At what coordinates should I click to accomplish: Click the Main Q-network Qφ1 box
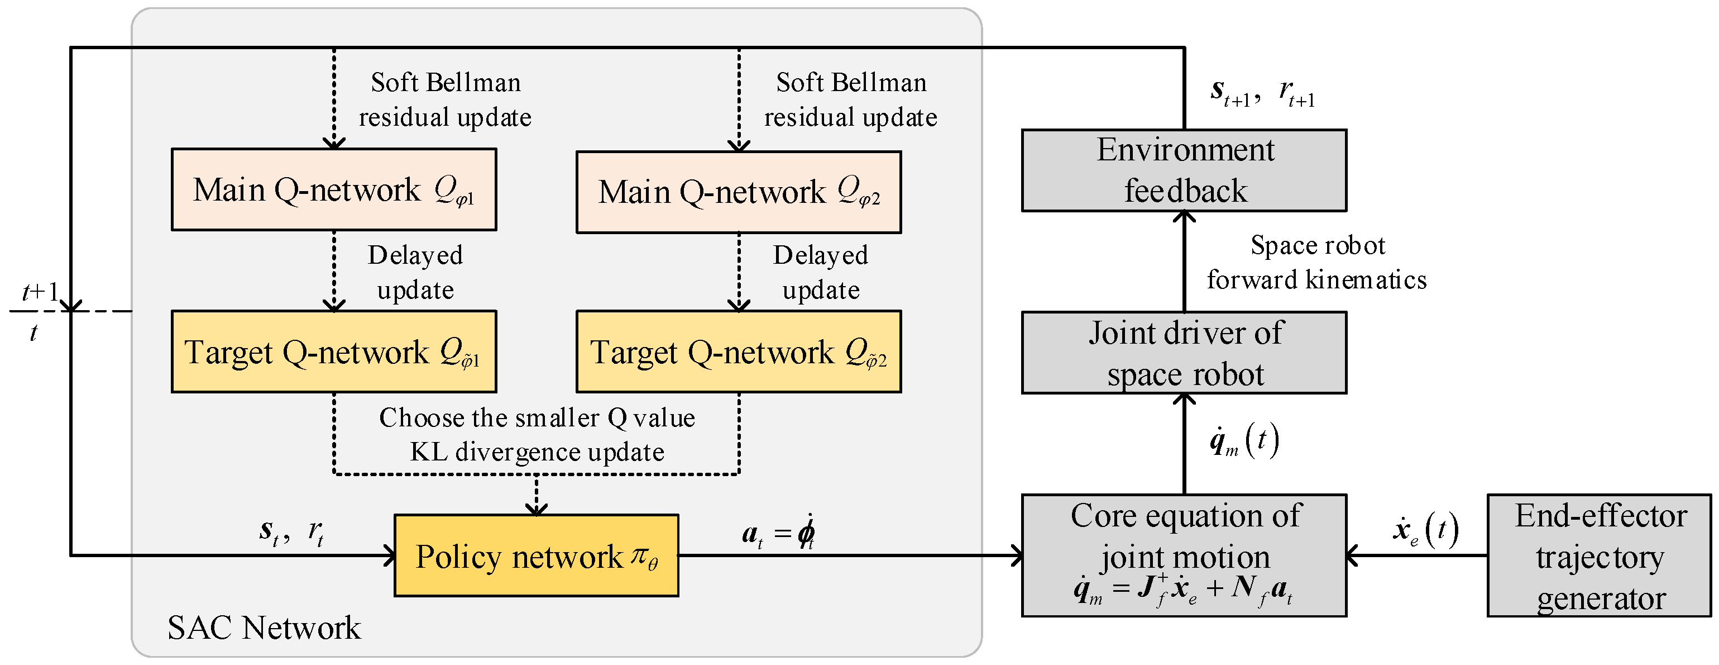point(334,189)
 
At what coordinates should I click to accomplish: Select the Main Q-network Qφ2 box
point(739,192)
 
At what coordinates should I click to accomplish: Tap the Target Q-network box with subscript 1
point(334,352)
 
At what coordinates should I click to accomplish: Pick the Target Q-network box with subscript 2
point(739,352)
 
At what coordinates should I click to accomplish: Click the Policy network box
point(536,555)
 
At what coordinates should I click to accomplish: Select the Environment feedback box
point(1184,171)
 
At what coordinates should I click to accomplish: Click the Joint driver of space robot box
point(1184,353)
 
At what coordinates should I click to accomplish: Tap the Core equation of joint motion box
point(1184,555)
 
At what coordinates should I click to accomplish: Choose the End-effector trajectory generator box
point(1599,555)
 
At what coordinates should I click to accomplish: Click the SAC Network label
point(264,628)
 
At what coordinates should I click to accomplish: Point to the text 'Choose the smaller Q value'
point(537,418)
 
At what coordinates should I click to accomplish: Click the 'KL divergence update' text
point(537,452)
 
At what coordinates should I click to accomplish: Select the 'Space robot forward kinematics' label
point(1316,263)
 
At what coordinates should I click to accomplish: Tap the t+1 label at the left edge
point(40,292)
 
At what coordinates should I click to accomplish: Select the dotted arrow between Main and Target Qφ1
point(334,270)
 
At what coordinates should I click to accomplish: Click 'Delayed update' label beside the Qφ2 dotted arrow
point(821,272)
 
